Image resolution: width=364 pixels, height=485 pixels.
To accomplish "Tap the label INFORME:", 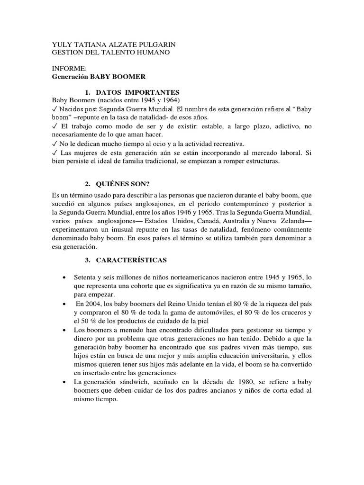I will (69, 69).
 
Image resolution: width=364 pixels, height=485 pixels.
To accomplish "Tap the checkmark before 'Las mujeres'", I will (55, 153).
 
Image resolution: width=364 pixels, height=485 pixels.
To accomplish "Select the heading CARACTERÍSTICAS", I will (131, 260).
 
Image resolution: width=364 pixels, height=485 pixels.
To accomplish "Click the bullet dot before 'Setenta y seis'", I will (64, 277).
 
